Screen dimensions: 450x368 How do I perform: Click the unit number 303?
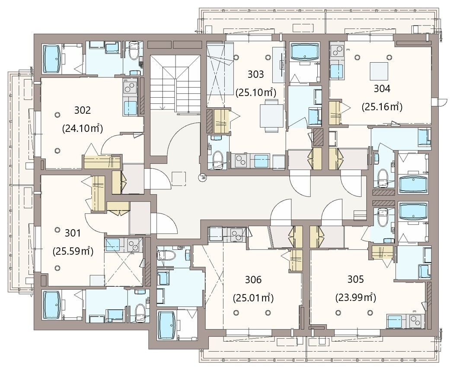pyautogui.click(x=255, y=74)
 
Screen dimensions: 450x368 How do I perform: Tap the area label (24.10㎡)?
pyautogui.click(x=83, y=128)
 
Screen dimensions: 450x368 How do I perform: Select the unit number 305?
pyautogui.click(x=356, y=279)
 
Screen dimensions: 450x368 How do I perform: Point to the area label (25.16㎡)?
pyautogui.click(x=382, y=106)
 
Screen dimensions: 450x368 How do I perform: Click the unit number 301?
pyautogui.click(x=73, y=233)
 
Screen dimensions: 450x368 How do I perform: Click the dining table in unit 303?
pyautogui.click(x=271, y=116)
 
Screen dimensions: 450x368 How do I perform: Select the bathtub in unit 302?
pyautogui.click(x=52, y=59)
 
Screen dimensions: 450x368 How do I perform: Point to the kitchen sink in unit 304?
pyautogui.click(x=336, y=71)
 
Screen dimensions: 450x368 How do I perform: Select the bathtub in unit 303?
pyautogui.click(x=305, y=52)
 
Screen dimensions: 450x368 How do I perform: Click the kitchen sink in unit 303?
pyautogui.click(x=261, y=161)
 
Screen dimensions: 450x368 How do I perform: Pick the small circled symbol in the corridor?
pyautogui.click(x=202, y=177)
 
